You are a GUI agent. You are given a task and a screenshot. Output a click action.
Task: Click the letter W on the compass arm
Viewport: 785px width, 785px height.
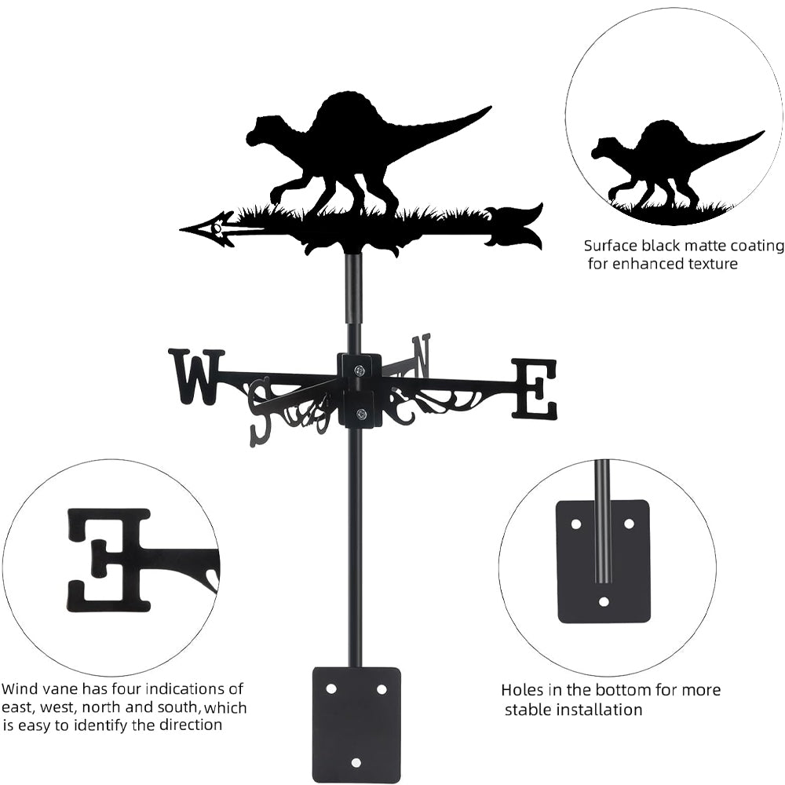tap(194, 376)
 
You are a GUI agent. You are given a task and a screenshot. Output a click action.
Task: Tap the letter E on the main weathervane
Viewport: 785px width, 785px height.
tap(535, 389)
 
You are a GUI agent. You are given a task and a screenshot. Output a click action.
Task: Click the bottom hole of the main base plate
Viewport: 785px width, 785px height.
tap(356, 762)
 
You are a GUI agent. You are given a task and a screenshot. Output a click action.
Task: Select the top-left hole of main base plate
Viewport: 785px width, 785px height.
tap(330, 688)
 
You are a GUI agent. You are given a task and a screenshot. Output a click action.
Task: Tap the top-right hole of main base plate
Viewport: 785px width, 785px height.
tap(382, 688)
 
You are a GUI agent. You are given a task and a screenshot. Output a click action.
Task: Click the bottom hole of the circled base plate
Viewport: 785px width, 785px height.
tap(603, 602)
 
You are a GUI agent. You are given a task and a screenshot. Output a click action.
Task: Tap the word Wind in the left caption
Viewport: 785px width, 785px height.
tap(20, 690)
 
